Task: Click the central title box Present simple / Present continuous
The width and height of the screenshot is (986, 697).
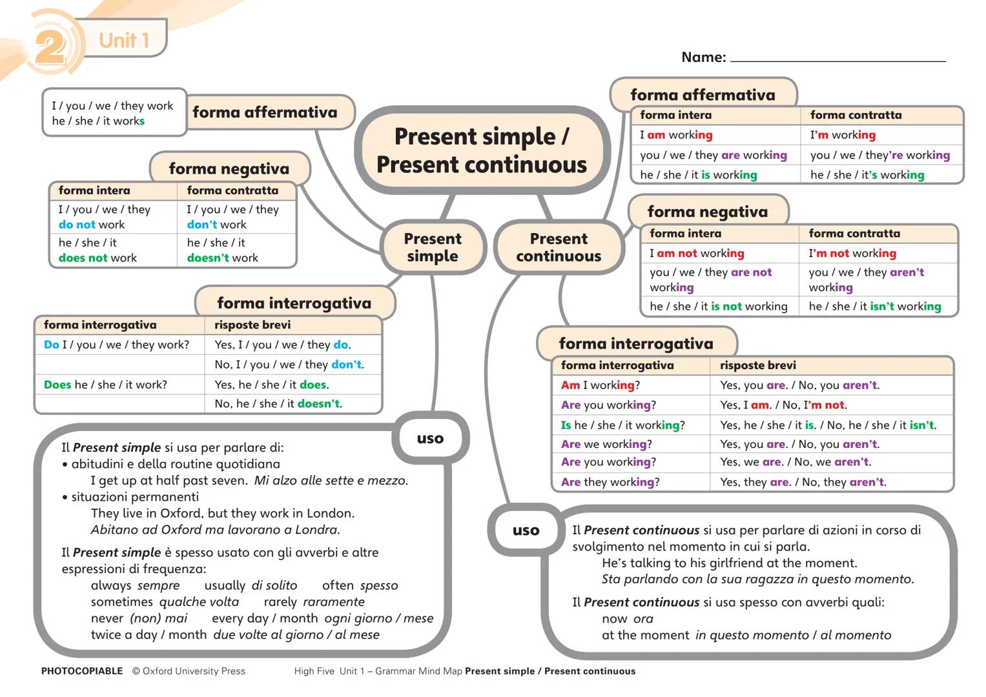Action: (x=482, y=150)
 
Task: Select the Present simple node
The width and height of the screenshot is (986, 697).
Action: (x=432, y=248)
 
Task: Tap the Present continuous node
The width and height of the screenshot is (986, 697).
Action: (x=559, y=248)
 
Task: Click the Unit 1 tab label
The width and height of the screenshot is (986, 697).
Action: (x=124, y=40)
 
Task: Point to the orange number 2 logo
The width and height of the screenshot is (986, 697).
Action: (x=49, y=46)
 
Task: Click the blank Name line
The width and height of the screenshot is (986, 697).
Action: (x=837, y=58)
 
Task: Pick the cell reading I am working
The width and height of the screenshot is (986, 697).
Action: (x=676, y=135)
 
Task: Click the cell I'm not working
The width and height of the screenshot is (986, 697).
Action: (x=852, y=254)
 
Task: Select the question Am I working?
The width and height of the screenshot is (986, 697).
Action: (x=601, y=385)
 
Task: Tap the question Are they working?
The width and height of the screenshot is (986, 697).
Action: (x=610, y=482)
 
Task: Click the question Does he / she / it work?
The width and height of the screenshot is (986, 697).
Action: (x=105, y=385)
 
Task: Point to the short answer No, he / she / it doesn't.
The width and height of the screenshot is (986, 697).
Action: (x=278, y=404)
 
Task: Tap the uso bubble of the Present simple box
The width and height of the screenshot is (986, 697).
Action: (x=430, y=439)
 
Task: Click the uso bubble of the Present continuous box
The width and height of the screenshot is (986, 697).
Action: (x=526, y=530)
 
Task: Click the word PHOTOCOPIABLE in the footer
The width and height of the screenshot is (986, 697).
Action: (x=82, y=671)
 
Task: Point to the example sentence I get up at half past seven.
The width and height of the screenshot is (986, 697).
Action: (x=169, y=480)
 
